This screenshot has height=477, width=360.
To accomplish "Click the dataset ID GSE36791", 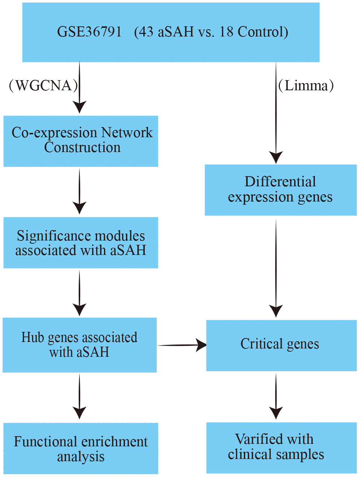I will tap(89, 32).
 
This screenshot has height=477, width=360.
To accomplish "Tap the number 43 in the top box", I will tap(146, 32).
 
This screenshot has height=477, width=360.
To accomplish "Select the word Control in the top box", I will tap(260, 32).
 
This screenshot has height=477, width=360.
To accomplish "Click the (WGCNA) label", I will tap(43, 86).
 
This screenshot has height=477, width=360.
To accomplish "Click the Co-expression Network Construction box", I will tap(81, 141).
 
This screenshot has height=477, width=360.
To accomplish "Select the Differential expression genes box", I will tap(281, 190).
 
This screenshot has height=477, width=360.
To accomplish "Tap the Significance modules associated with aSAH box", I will tap(81, 243).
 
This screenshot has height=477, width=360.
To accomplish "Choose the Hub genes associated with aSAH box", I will tap(79, 345).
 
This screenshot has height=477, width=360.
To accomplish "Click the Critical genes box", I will tap(281, 345).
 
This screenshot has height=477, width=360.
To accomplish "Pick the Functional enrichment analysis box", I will tap(81, 448).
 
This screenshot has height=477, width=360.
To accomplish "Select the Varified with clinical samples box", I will tap(281, 447).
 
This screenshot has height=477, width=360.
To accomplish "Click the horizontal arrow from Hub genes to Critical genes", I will tap(181, 345).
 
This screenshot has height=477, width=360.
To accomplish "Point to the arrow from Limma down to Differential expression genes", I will tap(276, 116).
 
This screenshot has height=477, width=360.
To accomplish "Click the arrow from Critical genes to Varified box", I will tap(276, 396).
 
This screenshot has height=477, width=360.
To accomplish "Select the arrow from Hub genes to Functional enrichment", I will tap(79, 396).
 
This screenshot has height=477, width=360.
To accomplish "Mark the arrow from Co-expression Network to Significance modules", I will tap(79, 191).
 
